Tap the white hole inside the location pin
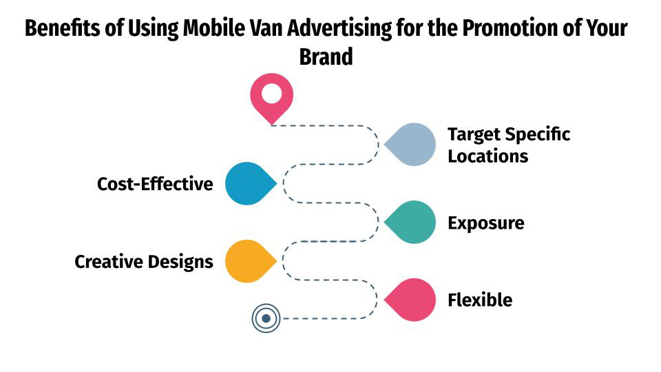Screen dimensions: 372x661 271,93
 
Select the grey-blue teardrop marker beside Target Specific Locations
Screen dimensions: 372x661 413,145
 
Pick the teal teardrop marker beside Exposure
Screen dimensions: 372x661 413,223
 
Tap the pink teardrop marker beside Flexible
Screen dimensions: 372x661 413,300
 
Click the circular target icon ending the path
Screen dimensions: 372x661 266,318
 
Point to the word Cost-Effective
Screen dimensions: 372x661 155,185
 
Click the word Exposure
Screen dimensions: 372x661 485,223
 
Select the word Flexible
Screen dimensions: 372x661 480,300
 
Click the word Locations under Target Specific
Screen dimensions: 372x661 487,156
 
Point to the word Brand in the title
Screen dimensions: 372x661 326,56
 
